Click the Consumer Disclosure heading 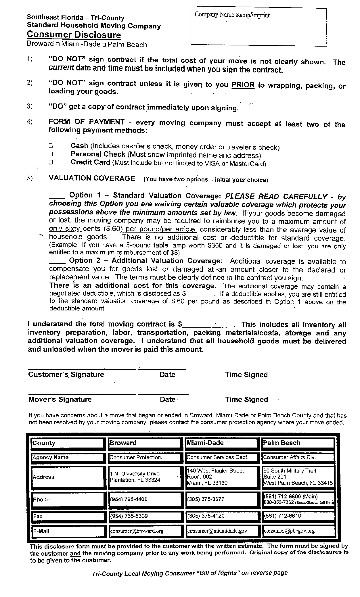(x=74, y=35)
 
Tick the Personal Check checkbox (x=51, y=154)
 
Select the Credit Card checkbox (x=51, y=162)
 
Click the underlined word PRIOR (x=243, y=85)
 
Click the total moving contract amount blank (x=206, y=325)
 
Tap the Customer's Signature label (x=66, y=374)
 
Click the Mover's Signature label (x=60, y=399)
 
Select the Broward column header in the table (x=145, y=443)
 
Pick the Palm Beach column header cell (x=298, y=443)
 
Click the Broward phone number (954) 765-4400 (x=129, y=499)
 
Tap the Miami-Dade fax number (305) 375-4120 (x=206, y=516)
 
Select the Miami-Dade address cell (x=221, y=477)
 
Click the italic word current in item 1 (x=62, y=68)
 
